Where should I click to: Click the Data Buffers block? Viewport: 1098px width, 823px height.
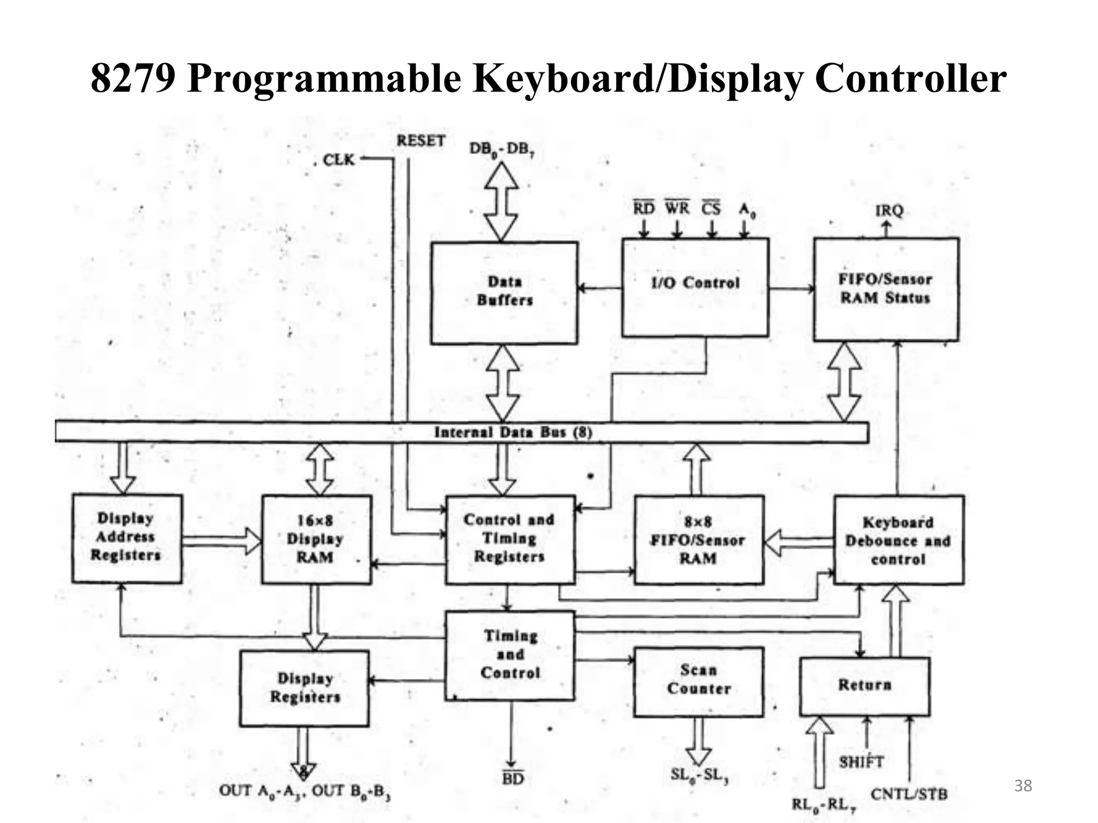[504, 293]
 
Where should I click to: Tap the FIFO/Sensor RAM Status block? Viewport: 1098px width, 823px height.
[886, 289]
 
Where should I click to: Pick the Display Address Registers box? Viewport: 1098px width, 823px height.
[127, 538]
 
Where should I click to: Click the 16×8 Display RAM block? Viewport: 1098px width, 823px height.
[316, 539]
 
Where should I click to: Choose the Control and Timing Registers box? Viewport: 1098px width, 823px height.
[510, 539]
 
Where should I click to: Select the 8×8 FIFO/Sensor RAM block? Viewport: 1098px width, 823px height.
[699, 540]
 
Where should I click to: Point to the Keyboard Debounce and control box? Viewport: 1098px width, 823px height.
[899, 540]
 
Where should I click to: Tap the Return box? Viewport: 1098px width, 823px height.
[864, 686]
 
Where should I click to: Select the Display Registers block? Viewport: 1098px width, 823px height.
[304, 688]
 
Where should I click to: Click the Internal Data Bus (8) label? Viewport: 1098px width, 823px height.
[513, 432]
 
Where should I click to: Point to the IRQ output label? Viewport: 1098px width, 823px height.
[889, 211]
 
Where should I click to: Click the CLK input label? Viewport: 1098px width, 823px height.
[339, 160]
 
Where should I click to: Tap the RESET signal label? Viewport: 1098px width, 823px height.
[421, 141]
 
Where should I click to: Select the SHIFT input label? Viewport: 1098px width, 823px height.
[860, 761]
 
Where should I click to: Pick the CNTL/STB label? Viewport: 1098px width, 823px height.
[909, 794]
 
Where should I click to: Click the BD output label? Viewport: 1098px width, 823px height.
[513, 779]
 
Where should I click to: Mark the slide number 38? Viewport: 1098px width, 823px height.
[1023, 786]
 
